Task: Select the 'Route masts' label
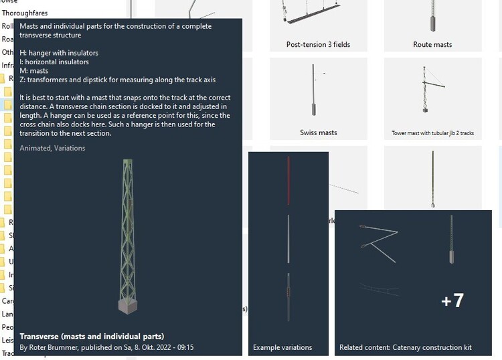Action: [x=432, y=45]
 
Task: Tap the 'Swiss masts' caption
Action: [x=318, y=132]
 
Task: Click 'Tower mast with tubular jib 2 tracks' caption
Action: [x=432, y=133]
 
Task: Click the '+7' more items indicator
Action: [x=452, y=300]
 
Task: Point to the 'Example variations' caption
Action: [x=282, y=347]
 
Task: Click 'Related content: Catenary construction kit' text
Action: [x=405, y=347]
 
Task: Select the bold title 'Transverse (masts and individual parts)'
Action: [x=92, y=336]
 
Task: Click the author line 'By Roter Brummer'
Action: [x=106, y=347]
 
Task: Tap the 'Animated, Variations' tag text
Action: [x=53, y=148]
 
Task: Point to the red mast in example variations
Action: [x=288, y=181]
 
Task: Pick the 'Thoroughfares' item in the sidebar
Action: [x=24, y=13]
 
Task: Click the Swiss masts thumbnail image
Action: [x=313, y=90]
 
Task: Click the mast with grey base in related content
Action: [x=452, y=241]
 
